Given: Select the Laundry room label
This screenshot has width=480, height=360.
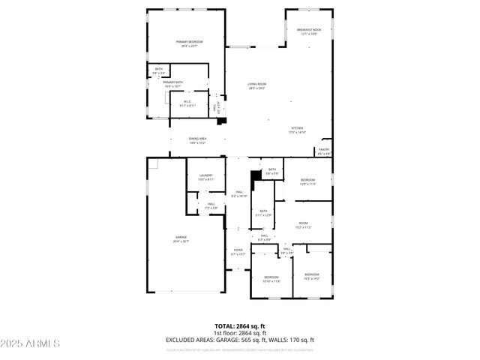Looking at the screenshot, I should point(206,177).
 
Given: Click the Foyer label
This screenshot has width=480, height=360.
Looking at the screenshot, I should point(238,251).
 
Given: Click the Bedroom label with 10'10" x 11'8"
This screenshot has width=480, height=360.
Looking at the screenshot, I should point(271,279).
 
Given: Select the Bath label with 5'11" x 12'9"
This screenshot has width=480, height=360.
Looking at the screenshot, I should point(263,213).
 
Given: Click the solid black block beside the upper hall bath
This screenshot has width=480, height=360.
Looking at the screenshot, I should point(255,175).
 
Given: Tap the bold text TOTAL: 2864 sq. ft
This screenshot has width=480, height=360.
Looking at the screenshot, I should point(239,326).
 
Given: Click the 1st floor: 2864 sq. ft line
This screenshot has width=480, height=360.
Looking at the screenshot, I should point(239,333).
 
